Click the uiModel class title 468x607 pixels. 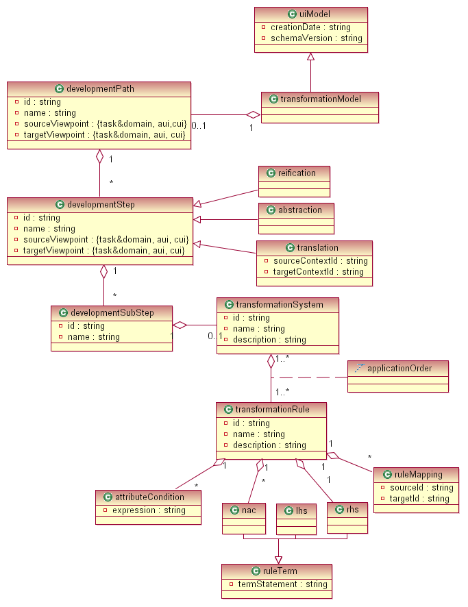[x=316, y=14]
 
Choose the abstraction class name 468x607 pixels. [x=300, y=210]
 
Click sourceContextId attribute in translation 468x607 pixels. [x=320, y=261]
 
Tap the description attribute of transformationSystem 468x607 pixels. [x=269, y=340]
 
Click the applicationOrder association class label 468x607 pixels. [x=399, y=369]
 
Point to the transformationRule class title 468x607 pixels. [x=272, y=410]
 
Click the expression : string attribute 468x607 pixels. [x=149, y=510]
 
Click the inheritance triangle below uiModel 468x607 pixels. [x=310, y=57]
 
